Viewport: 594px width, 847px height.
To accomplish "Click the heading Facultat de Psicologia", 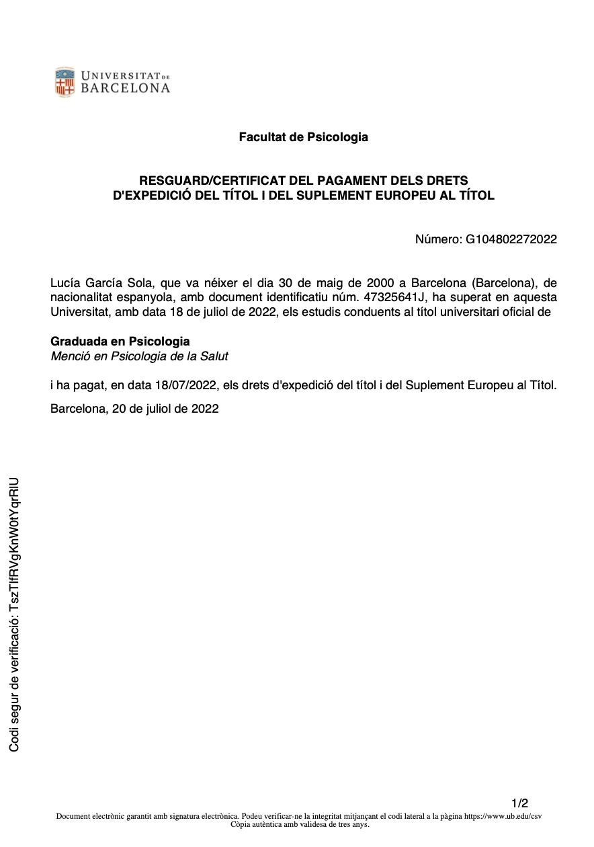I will click(x=303, y=137).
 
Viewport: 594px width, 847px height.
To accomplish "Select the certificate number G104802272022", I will click(x=511, y=239).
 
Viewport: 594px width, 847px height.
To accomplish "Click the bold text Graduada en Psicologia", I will click(x=120, y=341).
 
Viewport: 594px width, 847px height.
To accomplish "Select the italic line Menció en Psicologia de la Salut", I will click(x=144, y=356).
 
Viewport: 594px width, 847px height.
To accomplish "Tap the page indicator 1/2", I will click(x=519, y=803).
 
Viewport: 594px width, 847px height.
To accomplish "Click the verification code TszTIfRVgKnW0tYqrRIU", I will click(x=13, y=549).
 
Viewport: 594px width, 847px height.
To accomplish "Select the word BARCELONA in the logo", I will click(x=125, y=88).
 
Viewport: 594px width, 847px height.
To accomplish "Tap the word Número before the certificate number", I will click(x=438, y=239).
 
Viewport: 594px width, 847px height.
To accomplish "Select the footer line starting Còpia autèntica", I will click(x=300, y=825).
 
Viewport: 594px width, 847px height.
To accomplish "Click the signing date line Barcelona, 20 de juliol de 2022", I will click(x=134, y=408).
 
